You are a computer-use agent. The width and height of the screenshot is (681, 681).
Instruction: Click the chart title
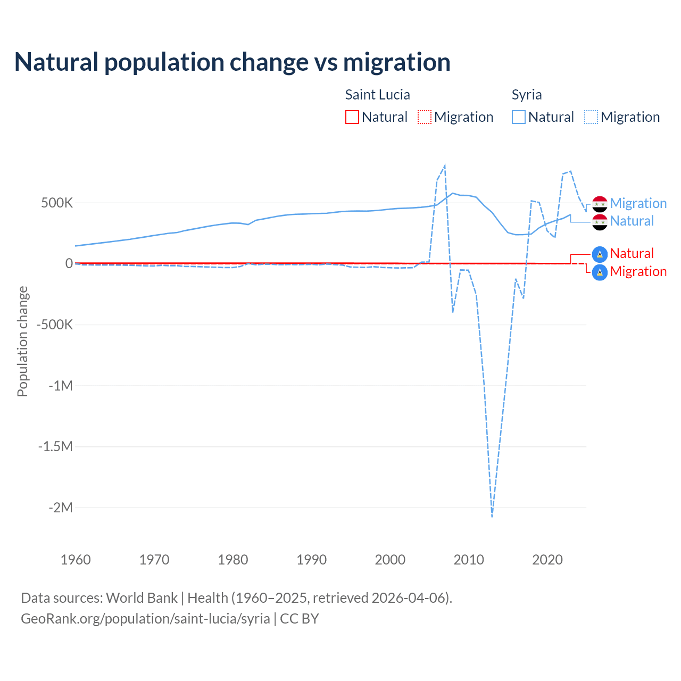point(232,62)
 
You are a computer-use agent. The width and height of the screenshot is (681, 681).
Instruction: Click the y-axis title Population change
point(22,341)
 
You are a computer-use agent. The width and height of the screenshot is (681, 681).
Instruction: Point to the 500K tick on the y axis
point(57,203)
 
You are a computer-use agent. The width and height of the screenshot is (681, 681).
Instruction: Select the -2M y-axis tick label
point(60,508)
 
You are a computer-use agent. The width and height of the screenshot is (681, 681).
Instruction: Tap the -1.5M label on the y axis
point(55,446)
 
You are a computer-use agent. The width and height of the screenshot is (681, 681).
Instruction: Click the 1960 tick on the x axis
point(76,560)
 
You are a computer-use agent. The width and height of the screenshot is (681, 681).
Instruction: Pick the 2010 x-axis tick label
point(469,560)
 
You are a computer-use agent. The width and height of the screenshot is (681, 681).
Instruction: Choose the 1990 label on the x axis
point(312,560)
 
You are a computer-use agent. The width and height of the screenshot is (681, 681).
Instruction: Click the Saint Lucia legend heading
point(377,95)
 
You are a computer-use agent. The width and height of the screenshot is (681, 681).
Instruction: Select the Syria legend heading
point(527,95)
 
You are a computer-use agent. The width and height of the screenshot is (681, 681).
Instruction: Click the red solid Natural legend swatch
point(352,117)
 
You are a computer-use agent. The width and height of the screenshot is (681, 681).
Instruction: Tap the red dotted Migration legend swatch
point(425,117)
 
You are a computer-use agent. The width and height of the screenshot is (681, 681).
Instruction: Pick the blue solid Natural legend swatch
point(519,117)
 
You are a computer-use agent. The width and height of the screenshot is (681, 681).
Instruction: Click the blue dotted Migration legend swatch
point(591,117)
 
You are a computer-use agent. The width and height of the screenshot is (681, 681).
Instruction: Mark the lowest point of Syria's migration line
point(492,516)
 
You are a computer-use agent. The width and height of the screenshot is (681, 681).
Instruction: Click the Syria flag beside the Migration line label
point(600,204)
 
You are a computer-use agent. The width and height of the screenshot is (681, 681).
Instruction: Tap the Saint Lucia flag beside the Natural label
point(600,254)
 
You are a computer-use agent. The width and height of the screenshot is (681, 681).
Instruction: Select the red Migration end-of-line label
point(638,272)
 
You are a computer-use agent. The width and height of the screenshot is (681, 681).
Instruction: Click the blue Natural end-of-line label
point(632,221)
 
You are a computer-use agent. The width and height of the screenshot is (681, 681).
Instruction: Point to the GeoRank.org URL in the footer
point(145,619)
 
